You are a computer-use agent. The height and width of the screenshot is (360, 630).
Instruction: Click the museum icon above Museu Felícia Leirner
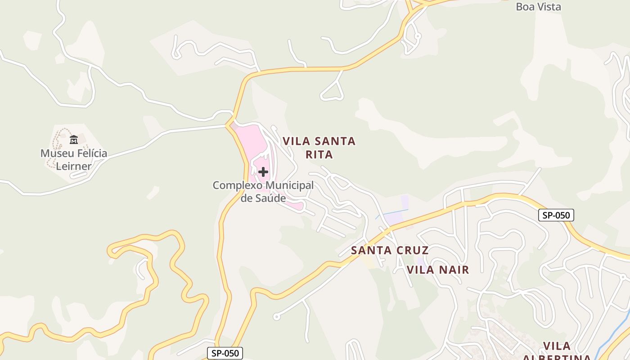[74, 140]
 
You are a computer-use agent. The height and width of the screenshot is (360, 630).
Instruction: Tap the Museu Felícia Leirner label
[74, 159]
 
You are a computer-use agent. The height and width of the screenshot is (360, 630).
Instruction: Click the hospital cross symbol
[263, 172]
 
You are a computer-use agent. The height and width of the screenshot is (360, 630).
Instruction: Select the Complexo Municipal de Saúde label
[263, 192]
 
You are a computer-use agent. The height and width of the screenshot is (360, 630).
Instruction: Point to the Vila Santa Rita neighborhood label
[319, 148]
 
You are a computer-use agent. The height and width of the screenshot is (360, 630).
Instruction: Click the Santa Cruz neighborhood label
[390, 250]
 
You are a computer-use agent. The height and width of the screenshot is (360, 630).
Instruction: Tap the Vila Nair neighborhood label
[438, 270]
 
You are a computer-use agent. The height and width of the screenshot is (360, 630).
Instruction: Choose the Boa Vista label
[538, 7]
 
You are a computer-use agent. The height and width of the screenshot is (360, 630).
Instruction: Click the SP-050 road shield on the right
[556, 215]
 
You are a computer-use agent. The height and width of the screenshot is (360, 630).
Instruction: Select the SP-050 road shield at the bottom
[225, 353]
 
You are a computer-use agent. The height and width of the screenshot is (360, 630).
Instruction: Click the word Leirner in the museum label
[74, 166]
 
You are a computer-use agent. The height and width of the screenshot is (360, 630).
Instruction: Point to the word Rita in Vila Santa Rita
[319, 154]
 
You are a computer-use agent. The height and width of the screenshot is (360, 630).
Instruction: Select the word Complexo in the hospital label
[237, 185]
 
